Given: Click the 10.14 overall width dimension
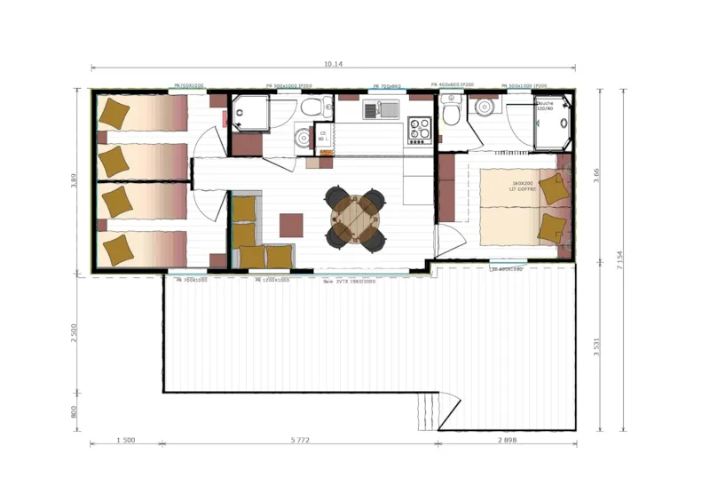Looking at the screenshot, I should coord(333,64).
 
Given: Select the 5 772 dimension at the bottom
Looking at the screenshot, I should coord(299,441).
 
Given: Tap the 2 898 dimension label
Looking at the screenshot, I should coord(507,441).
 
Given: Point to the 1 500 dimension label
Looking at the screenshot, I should coord(125,441).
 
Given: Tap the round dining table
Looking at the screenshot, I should coord(355,217).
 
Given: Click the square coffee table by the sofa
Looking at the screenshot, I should coord(291,224).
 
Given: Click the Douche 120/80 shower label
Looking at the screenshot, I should coord(546,106).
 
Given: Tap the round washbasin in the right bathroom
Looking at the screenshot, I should coord(484,108).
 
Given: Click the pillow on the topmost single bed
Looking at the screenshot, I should coord(114,113).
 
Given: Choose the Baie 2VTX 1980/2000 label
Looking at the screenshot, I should coord(350,281).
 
